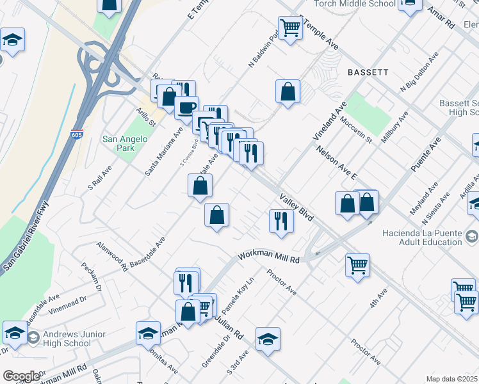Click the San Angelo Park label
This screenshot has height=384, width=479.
[125, 143]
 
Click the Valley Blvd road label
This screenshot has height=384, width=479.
[296, 209]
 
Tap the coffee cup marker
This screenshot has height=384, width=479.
[187, 107]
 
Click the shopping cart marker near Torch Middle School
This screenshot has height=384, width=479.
[290, 28]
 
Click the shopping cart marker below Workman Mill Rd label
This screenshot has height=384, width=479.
[357, 264]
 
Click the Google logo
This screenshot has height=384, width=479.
[20, 376]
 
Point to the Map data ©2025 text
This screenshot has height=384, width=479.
[451, 379]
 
